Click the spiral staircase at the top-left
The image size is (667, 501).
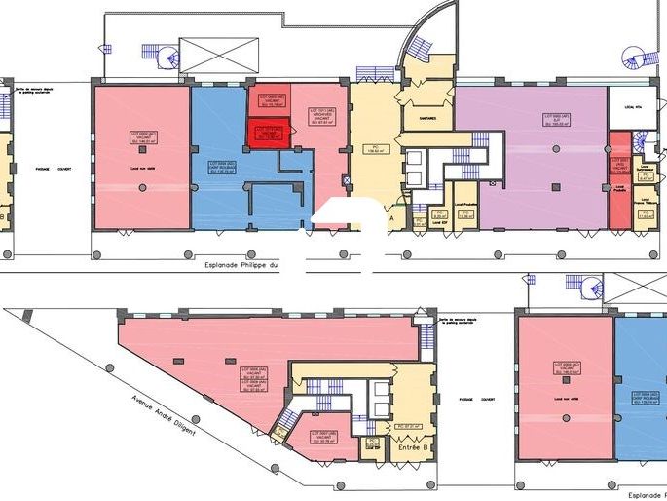(160, 55)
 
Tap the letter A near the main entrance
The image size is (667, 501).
(391, 220)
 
